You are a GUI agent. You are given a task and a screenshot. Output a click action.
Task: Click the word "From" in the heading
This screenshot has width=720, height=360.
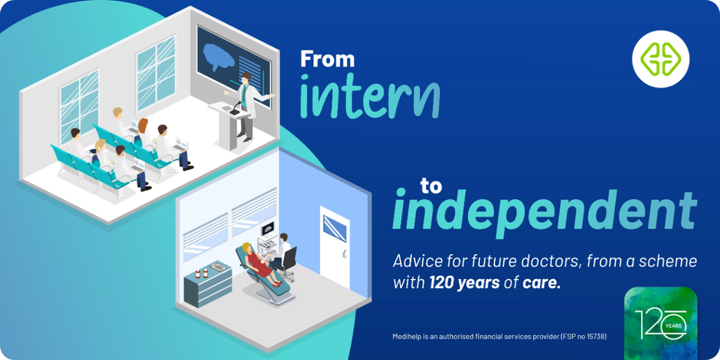pyautogui.click(x=328, y=59)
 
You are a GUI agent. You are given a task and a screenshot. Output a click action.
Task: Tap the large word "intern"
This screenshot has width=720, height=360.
pyautogui.click(x=370, y=98)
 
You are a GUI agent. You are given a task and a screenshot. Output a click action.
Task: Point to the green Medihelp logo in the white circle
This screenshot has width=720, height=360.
pyautogui.click(x=660, y=58)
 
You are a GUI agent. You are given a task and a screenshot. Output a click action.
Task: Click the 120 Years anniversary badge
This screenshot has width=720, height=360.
pyautogui.click(x=661, y=322)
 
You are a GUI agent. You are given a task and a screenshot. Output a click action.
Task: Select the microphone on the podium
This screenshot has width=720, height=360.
pyautogui.click(x=235, y=108)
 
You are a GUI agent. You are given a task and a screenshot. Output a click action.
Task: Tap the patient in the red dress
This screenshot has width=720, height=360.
pyautogui.click(x=260, y=264)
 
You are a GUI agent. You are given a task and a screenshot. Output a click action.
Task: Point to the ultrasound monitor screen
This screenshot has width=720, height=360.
pyautogui.click(x=267, y=227)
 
